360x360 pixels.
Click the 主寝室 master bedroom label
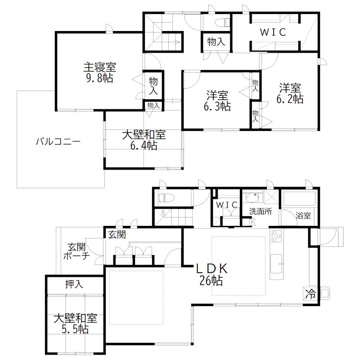(99, 67)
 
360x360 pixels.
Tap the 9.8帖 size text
(99, 78)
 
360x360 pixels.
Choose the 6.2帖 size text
(291, 99)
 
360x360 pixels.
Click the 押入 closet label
(74, 284)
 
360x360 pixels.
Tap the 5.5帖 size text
(75, 329)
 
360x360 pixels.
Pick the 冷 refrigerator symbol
(310, 294)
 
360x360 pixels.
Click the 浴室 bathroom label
(303, 216)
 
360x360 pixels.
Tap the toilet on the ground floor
(164, 198)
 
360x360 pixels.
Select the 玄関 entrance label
(117, 234)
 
